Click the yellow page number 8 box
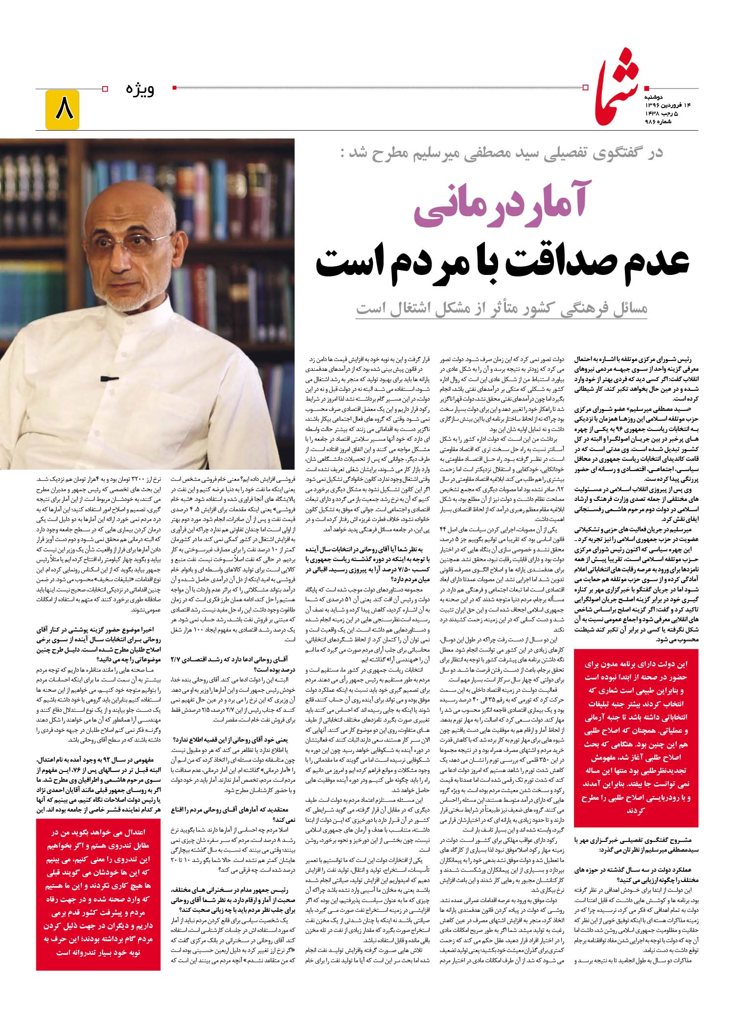(x=63, y=110)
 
